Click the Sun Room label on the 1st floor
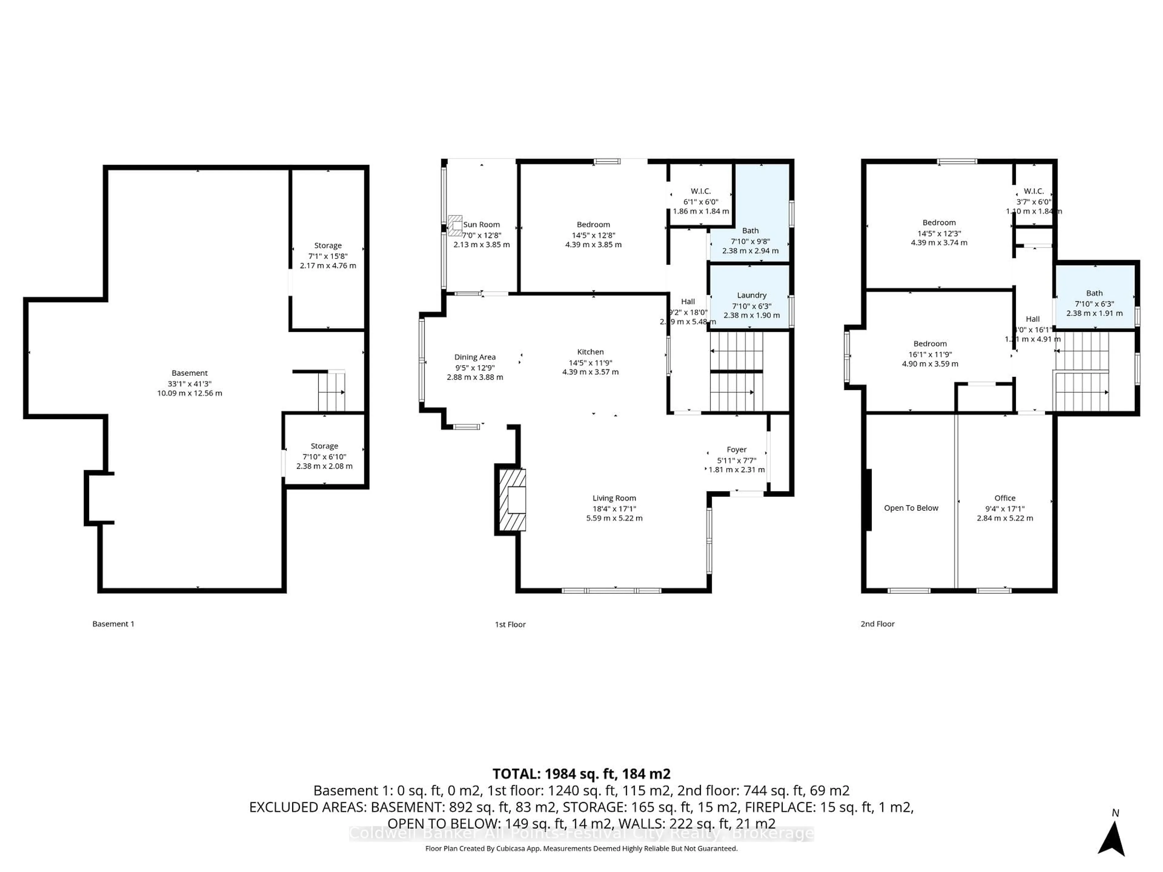[482, 224]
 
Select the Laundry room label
[751, 296]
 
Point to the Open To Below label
[911, 508]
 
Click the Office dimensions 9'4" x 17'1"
[1004, 509]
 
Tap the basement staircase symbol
[331, 391]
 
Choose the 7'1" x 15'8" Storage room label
[328, 246]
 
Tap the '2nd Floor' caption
[877, 624]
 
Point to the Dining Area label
[475, 357]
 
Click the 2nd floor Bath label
[1094, 293]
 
